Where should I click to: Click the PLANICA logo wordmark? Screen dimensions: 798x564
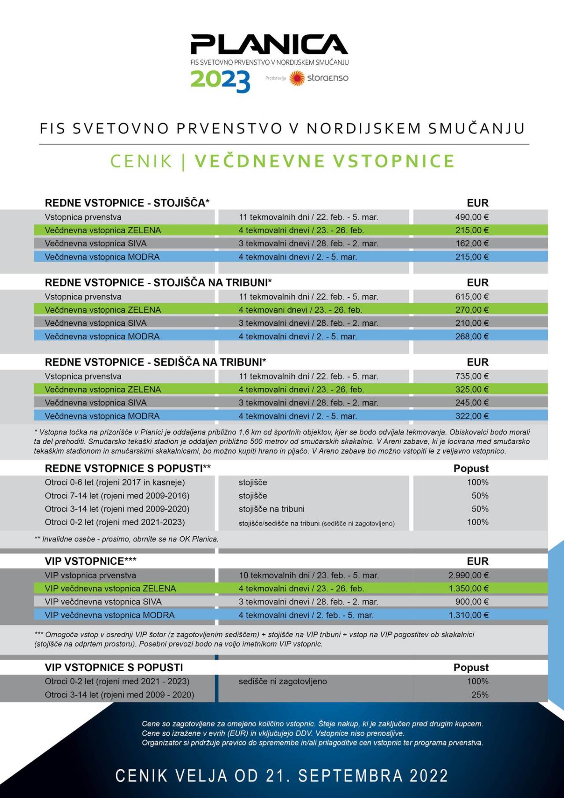269,45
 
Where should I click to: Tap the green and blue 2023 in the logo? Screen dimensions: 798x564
220,81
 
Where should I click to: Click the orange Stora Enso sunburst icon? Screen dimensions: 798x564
297,78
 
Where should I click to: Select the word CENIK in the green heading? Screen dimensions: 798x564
141,161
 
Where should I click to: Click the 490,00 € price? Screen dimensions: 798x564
471,217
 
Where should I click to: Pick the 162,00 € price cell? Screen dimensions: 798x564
471,244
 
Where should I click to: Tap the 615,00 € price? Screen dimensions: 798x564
471,297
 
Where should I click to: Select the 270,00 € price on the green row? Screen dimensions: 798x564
471,310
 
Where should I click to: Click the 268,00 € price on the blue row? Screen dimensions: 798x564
471,337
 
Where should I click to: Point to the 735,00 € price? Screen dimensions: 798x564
471,377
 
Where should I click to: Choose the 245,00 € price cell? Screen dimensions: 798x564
471,403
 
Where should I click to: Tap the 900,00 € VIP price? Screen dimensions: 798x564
471,602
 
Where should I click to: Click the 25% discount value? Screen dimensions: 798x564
480,695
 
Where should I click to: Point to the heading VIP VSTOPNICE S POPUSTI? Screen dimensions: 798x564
114,668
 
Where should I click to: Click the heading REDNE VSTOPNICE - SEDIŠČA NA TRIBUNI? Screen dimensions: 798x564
155,362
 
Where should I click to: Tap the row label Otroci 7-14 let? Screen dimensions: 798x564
117,496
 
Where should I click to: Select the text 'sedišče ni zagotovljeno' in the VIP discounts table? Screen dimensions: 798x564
282,682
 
